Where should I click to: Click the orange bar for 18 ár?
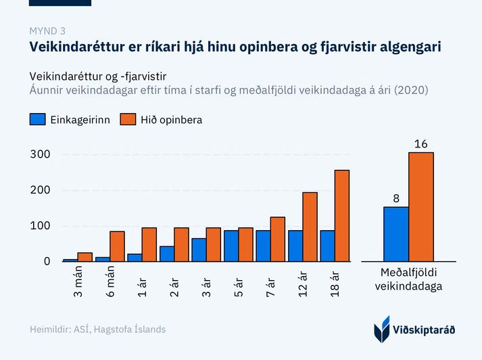342,216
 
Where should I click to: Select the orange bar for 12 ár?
310,227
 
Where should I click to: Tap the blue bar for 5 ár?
231,246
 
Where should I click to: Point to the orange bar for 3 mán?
85,257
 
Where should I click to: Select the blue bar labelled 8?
395,234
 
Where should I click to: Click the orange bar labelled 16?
420,207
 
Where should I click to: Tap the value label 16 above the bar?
420,144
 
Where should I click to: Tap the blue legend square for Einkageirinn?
37,120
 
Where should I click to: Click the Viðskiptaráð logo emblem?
382,328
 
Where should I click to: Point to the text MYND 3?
47,30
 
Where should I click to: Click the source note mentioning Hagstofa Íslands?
97,330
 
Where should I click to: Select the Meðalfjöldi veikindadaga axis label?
409,279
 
